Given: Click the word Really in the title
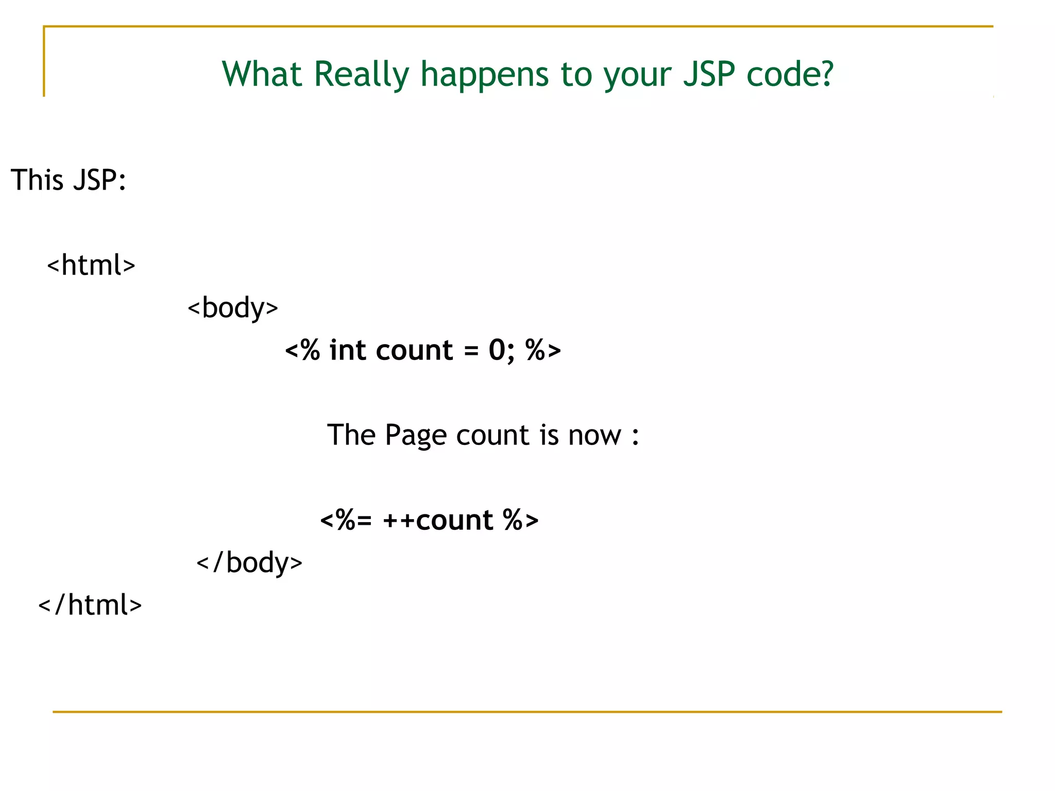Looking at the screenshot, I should pos(361,75).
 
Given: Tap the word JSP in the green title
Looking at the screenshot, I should pos(709,75).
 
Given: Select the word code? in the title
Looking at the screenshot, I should pos(790,75).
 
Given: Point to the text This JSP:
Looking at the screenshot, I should pos(69,180).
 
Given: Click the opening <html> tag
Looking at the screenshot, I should pos(91,265).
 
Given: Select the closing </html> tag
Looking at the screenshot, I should pos(90,605).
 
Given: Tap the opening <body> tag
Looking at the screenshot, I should pos(233,308).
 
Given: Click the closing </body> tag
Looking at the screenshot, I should pos(249,562).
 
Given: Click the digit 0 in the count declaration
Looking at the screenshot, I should pos(497,350).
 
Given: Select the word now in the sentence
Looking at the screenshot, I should pos(594,436).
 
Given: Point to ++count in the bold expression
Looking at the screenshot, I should pos(438,520).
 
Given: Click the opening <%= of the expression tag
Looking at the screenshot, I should pos(346,520).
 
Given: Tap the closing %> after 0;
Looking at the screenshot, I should pos(543,350).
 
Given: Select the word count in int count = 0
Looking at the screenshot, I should pos(414,351).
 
